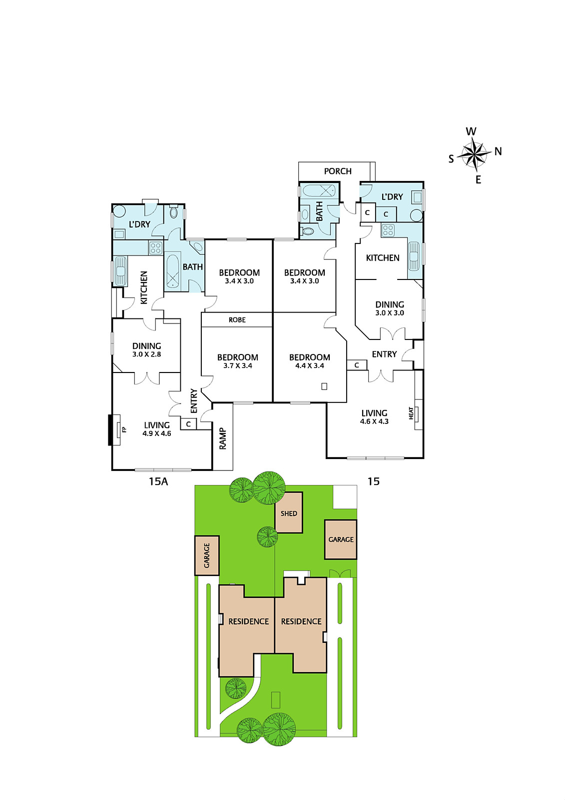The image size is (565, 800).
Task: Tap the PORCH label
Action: point(338,171)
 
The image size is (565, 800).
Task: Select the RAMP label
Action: point(223,438)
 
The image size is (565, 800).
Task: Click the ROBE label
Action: point(237,320)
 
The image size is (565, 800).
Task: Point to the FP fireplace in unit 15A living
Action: point(118,429)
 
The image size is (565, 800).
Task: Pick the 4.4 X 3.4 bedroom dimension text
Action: point(310,365)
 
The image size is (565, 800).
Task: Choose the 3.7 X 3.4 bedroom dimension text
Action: point(238,365)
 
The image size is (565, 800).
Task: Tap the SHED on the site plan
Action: point(289,513)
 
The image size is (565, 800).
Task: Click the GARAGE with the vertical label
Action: point(207,555)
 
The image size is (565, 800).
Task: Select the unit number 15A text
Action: point(158,481)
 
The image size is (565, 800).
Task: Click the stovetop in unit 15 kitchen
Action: point(388,230)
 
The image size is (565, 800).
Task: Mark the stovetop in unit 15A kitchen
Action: point(155,247)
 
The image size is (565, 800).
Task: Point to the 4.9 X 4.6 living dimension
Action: point(157,433)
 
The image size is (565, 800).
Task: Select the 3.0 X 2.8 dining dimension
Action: point(147,354)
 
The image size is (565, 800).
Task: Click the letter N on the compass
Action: point(498,151)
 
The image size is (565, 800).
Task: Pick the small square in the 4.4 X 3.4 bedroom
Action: point(324,386)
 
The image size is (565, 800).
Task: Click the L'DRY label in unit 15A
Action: point(139,224)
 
